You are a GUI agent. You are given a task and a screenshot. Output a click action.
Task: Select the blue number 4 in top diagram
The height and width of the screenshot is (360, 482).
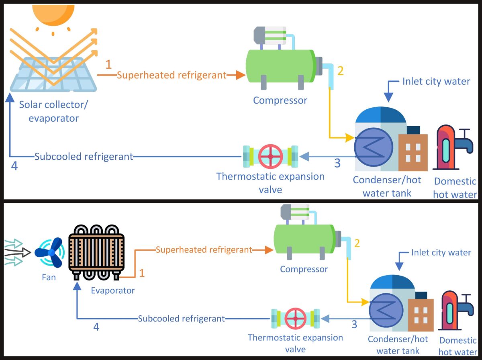point(14,166)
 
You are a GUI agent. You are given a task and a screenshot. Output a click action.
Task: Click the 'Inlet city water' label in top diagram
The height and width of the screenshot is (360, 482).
point(436,82)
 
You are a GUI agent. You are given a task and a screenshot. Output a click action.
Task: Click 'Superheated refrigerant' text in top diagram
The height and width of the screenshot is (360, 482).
point(172,75)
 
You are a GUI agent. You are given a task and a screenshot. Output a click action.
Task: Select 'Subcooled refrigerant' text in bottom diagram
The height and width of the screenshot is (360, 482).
point(181,319)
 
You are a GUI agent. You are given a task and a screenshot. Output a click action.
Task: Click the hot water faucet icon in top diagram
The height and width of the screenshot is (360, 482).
point(454,147)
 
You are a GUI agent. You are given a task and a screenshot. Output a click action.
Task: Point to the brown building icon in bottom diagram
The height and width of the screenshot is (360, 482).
point(421,315)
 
